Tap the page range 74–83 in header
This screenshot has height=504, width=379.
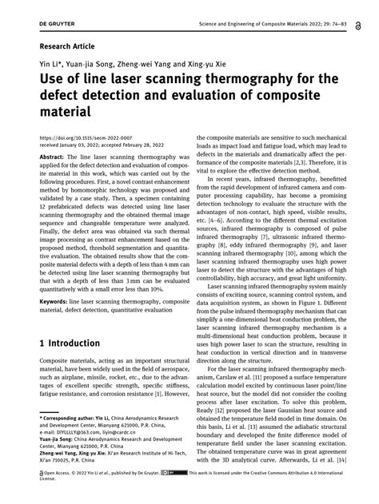point(357,10)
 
